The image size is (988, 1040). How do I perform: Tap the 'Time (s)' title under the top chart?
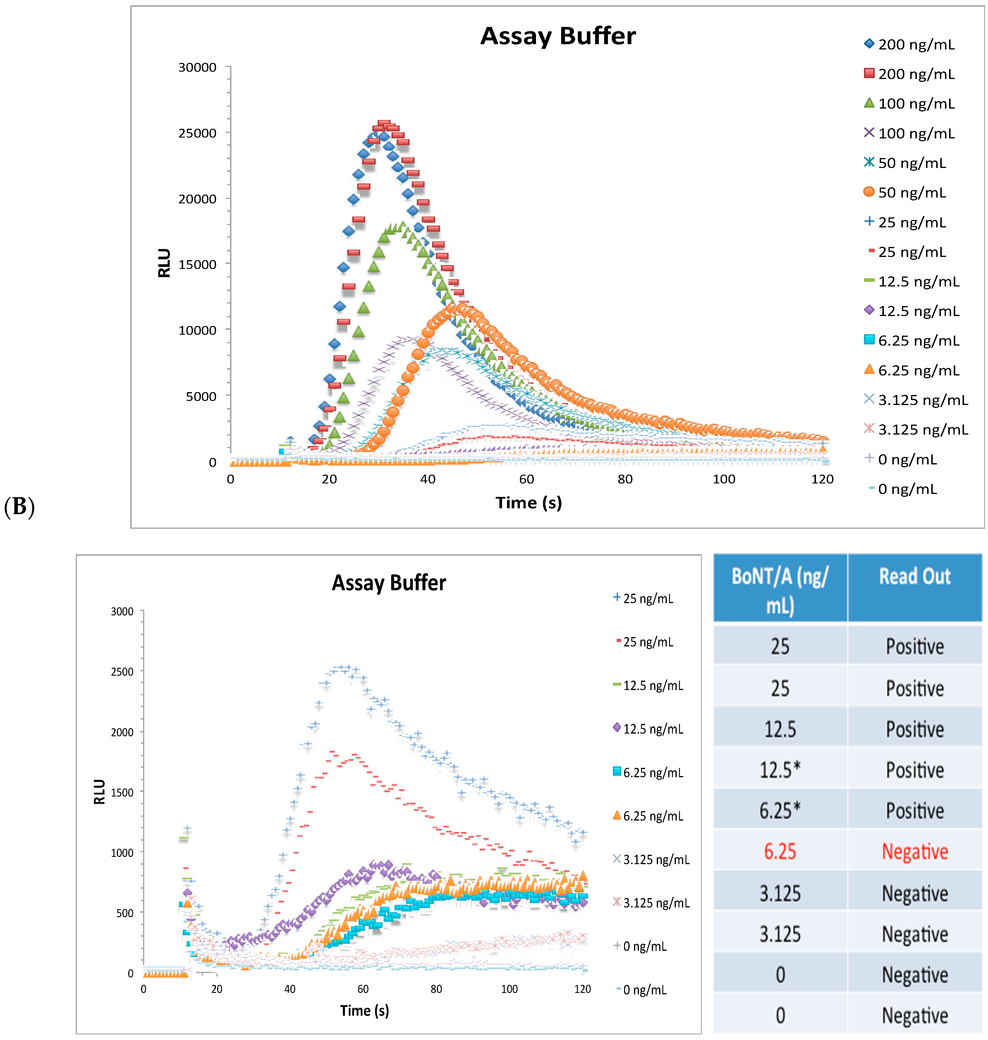tap(528, 503)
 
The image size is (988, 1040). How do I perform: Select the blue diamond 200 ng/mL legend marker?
tap(869, 44)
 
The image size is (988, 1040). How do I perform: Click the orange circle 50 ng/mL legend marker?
tap(869, 192)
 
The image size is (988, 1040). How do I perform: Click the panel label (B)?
tap(20, 507)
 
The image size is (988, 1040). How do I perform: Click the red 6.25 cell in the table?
tap(780, 852)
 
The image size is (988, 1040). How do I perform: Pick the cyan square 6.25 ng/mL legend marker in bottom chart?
tap(617, 772)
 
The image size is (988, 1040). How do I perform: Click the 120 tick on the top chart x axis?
tap(822, 479)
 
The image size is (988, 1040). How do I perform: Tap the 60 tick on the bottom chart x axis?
tap(363, 989)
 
